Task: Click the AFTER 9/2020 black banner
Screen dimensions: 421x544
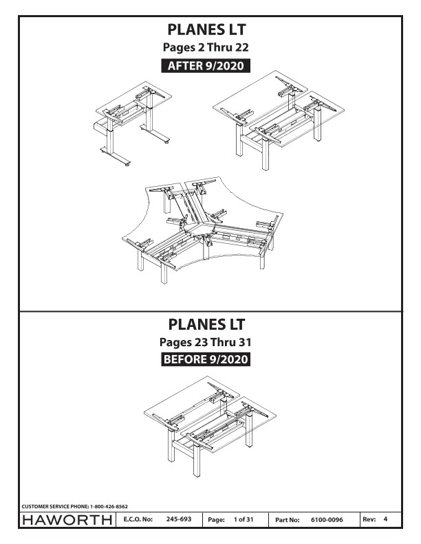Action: (206, 65)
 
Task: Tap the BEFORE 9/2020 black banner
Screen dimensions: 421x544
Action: (206, 359)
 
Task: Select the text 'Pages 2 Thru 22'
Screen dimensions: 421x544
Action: (206, 47)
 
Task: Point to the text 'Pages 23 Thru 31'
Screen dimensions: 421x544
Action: (205, 342)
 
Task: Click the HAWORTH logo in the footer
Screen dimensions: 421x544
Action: (67, 520)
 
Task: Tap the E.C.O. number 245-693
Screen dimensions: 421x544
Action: (179, 519)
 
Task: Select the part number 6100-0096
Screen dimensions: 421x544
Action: (327, 520)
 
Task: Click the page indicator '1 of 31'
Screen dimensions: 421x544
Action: (244, 519)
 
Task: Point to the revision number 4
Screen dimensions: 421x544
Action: (385, 519)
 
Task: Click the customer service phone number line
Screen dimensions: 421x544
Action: (75, 506)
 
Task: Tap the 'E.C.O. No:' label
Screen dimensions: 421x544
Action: (138, 519)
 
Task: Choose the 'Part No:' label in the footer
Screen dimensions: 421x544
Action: (288, 520)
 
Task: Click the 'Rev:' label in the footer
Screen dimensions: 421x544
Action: (369, 519)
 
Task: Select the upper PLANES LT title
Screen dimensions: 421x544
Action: (206, 30)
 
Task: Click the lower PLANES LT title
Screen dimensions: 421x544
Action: (206, 324)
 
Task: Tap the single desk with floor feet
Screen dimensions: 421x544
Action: (133, 124)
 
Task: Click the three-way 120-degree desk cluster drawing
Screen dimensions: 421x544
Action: (202, 229)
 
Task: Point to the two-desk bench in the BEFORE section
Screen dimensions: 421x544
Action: (210, 427)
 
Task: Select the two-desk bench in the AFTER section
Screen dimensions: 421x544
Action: (278, 120)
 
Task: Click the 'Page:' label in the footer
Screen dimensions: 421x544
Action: (216, 520)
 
